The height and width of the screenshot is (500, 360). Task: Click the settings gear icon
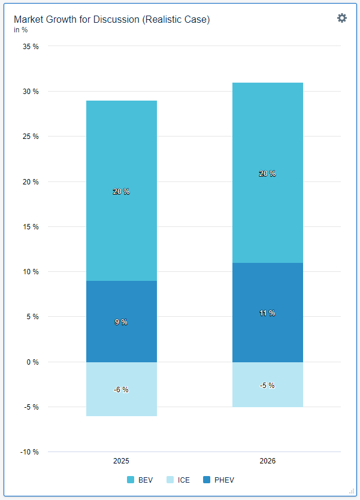[342, 18]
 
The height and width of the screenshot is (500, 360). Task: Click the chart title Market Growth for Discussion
[112, 20]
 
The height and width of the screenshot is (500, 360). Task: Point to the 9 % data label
[121, 322]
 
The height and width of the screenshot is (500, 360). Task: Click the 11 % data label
[267, 313]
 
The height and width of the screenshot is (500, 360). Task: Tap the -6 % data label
[121, 390]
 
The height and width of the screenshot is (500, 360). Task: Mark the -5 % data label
[267, 386]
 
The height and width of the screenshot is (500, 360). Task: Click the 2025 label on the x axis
[121, 462]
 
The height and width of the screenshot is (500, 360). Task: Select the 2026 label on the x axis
[267, 462]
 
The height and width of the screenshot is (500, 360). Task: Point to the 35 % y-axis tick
[31, 46]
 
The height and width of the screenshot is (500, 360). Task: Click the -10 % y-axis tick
[30, 452]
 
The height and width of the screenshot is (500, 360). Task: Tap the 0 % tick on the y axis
[33, 362]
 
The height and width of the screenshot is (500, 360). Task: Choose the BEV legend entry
[140, 480]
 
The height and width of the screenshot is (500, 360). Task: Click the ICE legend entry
[178, 480]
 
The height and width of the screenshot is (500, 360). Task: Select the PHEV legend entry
[219, 480]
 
